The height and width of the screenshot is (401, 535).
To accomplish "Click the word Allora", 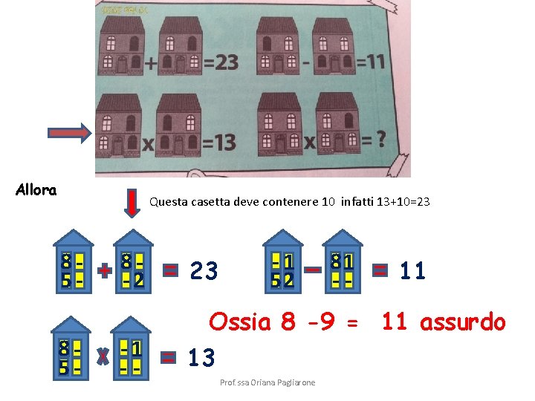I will click(x=36, y=190).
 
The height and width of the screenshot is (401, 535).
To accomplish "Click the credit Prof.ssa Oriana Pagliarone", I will click(x=267, y=382).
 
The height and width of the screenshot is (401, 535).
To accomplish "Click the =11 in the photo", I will click(x=370, y=60).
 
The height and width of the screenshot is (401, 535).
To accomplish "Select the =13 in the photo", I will click(x=218, y=140).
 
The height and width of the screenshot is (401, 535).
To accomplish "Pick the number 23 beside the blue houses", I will click(x=204, y=271).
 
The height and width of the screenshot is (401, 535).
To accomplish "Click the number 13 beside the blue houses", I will click(x=201, y=359).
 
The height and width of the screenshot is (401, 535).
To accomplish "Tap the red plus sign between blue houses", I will click(x=105, y=272).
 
